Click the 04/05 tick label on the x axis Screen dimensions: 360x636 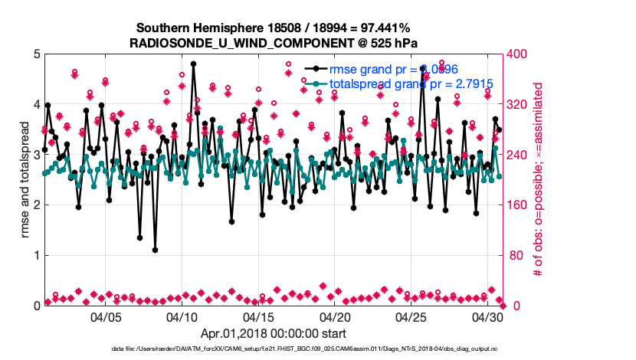[107, 316]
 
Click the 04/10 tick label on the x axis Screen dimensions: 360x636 [182, 316]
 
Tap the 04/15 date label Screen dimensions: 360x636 [259, 316]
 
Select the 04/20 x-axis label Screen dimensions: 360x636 [335, 316]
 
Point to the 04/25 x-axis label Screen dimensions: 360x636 [411, 316]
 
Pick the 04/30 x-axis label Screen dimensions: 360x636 [487, 316]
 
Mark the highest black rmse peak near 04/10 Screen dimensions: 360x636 [193, 64]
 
